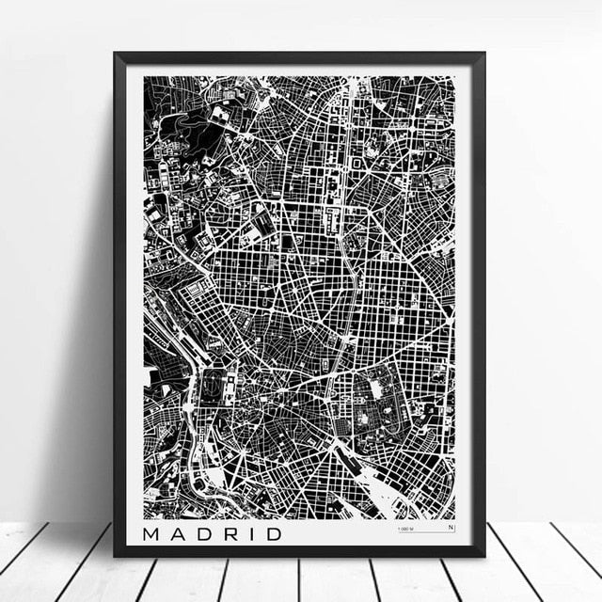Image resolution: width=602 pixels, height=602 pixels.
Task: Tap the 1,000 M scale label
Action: click(x=406, y=529)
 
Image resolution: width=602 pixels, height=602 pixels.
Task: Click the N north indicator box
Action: click(x=450, y=528)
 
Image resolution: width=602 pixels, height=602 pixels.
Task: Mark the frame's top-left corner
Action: click(x=116, y=54)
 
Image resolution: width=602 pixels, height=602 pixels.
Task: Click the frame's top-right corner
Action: click(x=483, y=54)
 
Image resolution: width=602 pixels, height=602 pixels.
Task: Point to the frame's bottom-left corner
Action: click(x=116, y=555)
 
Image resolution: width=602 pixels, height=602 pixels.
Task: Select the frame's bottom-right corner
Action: click(x=483, y=555)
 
